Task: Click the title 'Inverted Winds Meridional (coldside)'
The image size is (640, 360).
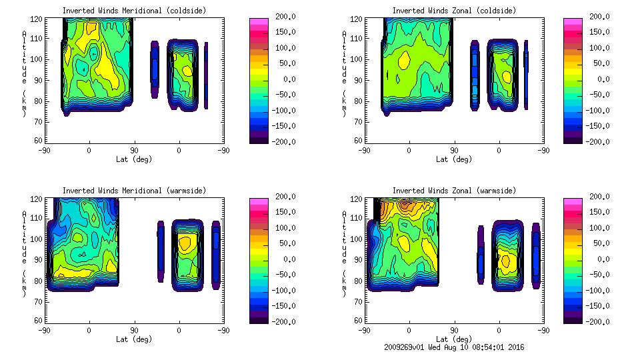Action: point(135,11)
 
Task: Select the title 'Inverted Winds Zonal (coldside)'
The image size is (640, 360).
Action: point(454,11)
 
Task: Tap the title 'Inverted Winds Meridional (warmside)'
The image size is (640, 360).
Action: point(135,191)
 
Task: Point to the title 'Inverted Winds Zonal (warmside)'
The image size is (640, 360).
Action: point(454,191)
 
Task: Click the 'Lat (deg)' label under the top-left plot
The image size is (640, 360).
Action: point(135,159)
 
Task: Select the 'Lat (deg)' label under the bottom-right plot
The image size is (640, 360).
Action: point(454,339)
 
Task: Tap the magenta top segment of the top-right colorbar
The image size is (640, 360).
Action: point(573,22)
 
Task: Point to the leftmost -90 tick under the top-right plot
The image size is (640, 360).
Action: point(364,151)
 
